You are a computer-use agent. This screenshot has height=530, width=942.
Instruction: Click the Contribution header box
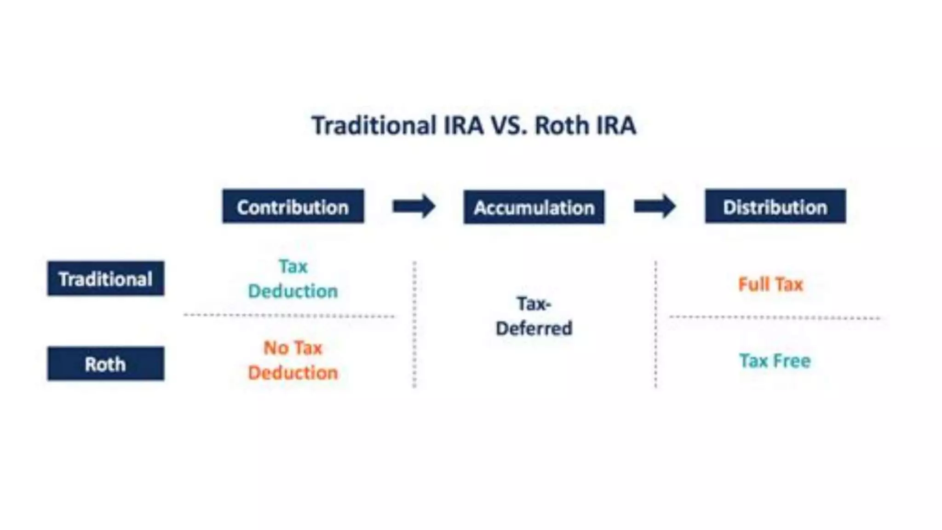coord(293,207)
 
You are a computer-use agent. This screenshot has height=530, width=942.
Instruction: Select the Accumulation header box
coord(534,207)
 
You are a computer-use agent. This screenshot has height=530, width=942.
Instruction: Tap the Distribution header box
coord(775,207)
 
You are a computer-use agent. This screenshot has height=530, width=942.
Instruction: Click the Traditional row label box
coord(105,278)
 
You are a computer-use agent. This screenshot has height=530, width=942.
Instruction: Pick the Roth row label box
coord(105,363)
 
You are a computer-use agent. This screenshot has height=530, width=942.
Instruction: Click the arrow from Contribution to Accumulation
coord(414,206)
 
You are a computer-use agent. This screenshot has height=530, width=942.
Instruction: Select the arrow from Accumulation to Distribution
coord(655,206)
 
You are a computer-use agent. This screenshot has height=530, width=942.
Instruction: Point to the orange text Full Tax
coord(770,284)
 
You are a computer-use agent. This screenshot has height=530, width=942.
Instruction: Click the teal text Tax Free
coord(775,361)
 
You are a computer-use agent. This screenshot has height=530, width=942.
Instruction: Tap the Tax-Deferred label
coord(534,316)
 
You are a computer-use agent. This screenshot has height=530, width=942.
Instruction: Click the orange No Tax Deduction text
coord(293,360)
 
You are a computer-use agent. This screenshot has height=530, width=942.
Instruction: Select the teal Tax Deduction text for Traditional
coord(293,278)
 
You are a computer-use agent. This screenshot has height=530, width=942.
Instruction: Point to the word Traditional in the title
coord(374,125)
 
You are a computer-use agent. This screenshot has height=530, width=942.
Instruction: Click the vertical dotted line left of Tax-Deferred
coord(414,324)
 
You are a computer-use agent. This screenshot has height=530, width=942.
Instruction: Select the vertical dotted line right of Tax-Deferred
coord(655,324)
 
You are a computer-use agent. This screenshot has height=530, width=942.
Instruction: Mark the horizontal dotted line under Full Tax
coord(775,317)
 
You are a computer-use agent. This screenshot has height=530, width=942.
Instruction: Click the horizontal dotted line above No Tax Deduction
coord(289,316)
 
